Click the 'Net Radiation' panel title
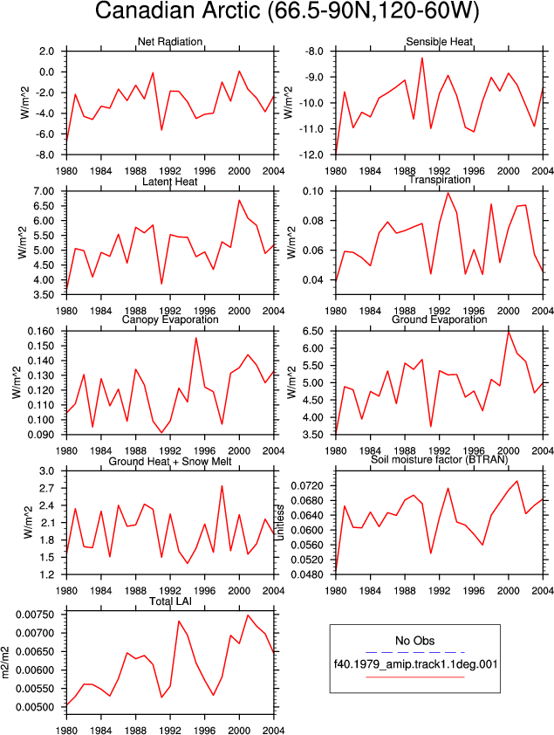click(170, 42)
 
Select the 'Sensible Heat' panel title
click(439, 42)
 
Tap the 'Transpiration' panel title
click(439, 180)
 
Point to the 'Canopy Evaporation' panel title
click(170, 319)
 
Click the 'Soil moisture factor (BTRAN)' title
click(439, 459)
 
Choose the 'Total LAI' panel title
click(170, 601)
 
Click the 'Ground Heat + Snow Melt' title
click(170, 462)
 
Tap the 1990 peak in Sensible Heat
click(422, 58)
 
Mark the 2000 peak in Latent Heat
click(239, 201)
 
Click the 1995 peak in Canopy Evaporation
click(195, 338)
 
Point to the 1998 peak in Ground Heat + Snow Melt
click(222, 486)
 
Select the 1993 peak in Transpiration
click(448, 193)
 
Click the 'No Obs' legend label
click(415, 641)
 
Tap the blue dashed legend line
click(415, 652)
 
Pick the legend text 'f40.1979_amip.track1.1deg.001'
click(415, 664)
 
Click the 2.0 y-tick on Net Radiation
click(46, 52)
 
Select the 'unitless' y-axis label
click(279, 522)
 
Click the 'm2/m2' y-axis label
click(6, 663)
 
